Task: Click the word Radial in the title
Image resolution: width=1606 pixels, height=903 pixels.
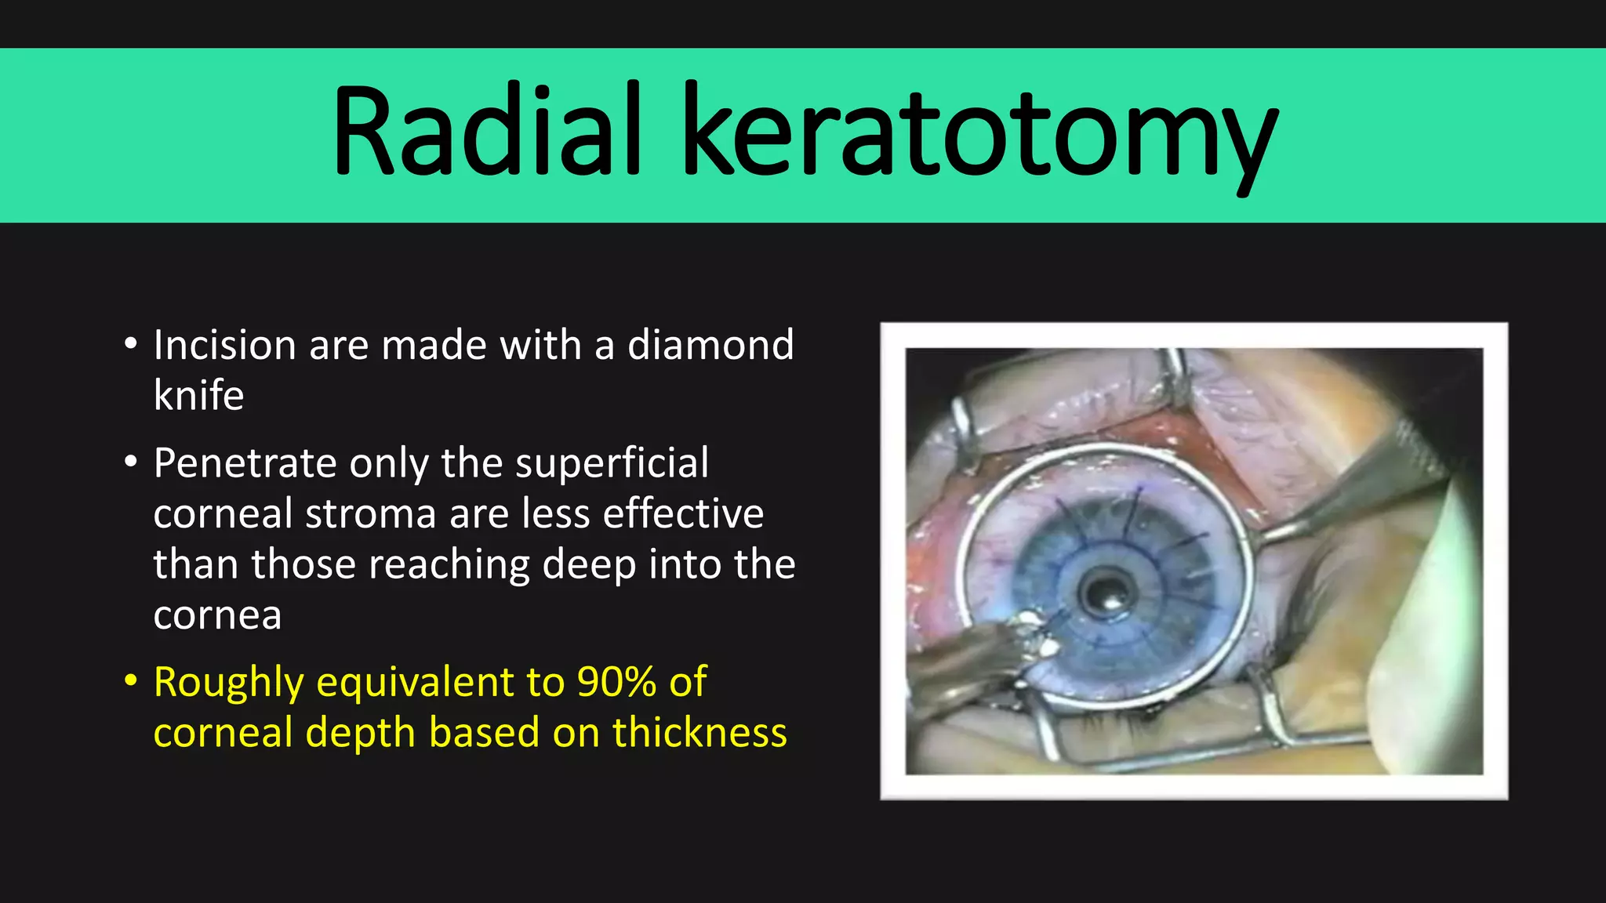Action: pyautogui.click(x=486, y=132)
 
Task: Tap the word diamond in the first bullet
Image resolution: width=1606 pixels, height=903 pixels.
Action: pyautogui.click(x=710, y=345)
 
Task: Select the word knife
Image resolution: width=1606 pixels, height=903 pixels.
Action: pyautogui.click(x=198, y=395)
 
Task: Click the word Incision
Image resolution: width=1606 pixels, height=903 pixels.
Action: pyautogui.click(x=224, y=345)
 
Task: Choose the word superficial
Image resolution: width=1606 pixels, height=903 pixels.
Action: pyautogui.click(x=612, y=463)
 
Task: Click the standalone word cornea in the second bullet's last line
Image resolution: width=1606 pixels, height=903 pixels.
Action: pyautogui.click(x=217, y=615)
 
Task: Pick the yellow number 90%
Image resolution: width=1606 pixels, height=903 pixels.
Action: pyautogui.click(x=616, y=682)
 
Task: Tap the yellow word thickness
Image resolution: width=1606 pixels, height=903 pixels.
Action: pyautogui.click(x=699, y=733)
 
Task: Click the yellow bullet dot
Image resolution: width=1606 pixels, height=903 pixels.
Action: pyautogui.click(x=131, y=680)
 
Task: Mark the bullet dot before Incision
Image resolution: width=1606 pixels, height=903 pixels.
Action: pyautogui.click(x=131, y=343)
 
